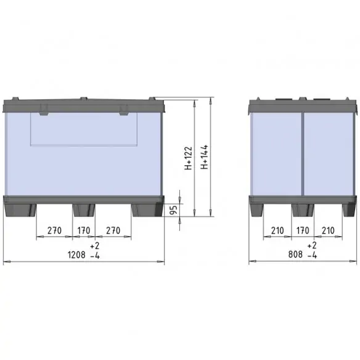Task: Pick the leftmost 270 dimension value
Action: click(x=55, y=231)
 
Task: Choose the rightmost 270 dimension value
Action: click(x=112, y=231)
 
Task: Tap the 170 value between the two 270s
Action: click(x=84, y=231)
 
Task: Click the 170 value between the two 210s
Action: click(x=303, y=231)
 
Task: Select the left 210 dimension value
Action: click(x=277, y=231)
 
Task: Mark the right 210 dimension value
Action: click(x=327, y=231)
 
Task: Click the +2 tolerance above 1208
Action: click(x=94, y=245)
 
